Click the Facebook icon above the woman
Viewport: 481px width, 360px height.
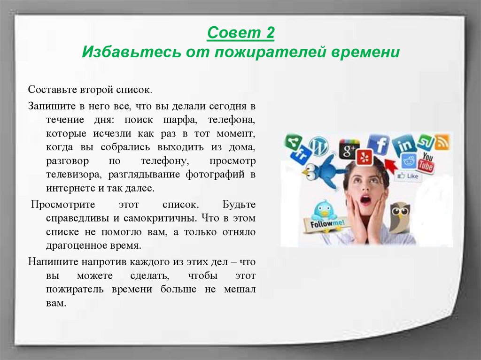(x=378, y=146)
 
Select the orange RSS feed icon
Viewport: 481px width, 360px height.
(x=442, y=142)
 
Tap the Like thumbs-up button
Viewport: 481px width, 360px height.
(x=408, y=176)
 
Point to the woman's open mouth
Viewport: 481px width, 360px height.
(x=365, y=200)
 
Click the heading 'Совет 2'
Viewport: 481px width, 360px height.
(x=240, y=34)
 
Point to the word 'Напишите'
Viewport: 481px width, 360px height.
(x=50, y=261)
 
